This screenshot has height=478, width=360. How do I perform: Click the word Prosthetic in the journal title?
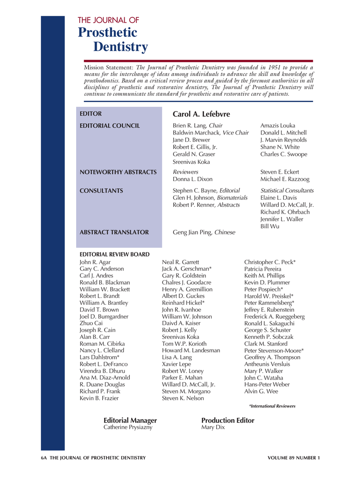click(107, 33)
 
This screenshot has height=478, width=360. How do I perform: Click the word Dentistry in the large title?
click(120, 47)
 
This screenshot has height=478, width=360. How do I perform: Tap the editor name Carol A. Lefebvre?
click(201, 114)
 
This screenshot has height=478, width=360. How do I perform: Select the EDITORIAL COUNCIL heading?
click(110, 126)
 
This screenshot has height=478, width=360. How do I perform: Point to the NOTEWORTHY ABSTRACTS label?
click(118, 172)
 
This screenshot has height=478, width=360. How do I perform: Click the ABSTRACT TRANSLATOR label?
click(114, 232)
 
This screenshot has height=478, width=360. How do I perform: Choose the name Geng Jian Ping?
click(193, 232)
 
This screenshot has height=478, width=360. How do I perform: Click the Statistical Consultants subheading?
click(287, 190)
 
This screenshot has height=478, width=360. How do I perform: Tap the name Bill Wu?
click(269, 226)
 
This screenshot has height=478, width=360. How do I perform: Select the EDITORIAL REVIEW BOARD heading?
click(115, 254)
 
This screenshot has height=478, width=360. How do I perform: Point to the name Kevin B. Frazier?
click(99, 398)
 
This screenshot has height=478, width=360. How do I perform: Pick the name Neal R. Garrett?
click(180, 262)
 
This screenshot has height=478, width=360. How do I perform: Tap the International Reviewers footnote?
click(272, 406)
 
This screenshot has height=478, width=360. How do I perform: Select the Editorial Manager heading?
click(130, 420)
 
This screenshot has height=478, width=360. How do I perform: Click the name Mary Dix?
click(213, 427)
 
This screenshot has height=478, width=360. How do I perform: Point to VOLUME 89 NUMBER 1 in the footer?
click(294, 458)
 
